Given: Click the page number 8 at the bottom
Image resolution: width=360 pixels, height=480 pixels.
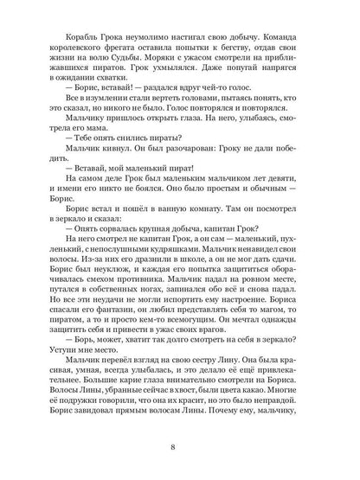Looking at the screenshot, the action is pyautogui.click(x=179, y=446).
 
